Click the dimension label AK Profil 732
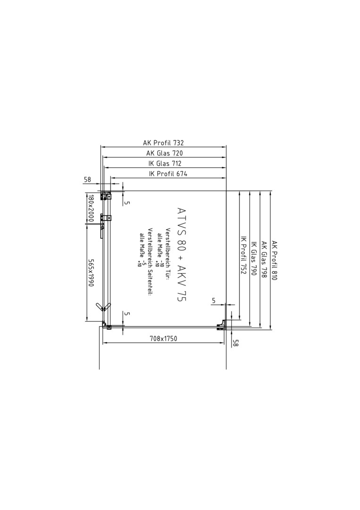163,143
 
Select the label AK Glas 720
164,153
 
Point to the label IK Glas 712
165,163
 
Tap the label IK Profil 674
168,174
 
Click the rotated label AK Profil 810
274,261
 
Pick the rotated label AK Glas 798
264,260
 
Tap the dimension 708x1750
163,339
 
